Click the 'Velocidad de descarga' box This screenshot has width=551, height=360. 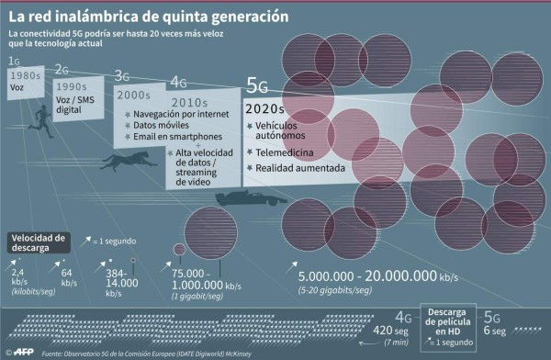click(x=38, y=242)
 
